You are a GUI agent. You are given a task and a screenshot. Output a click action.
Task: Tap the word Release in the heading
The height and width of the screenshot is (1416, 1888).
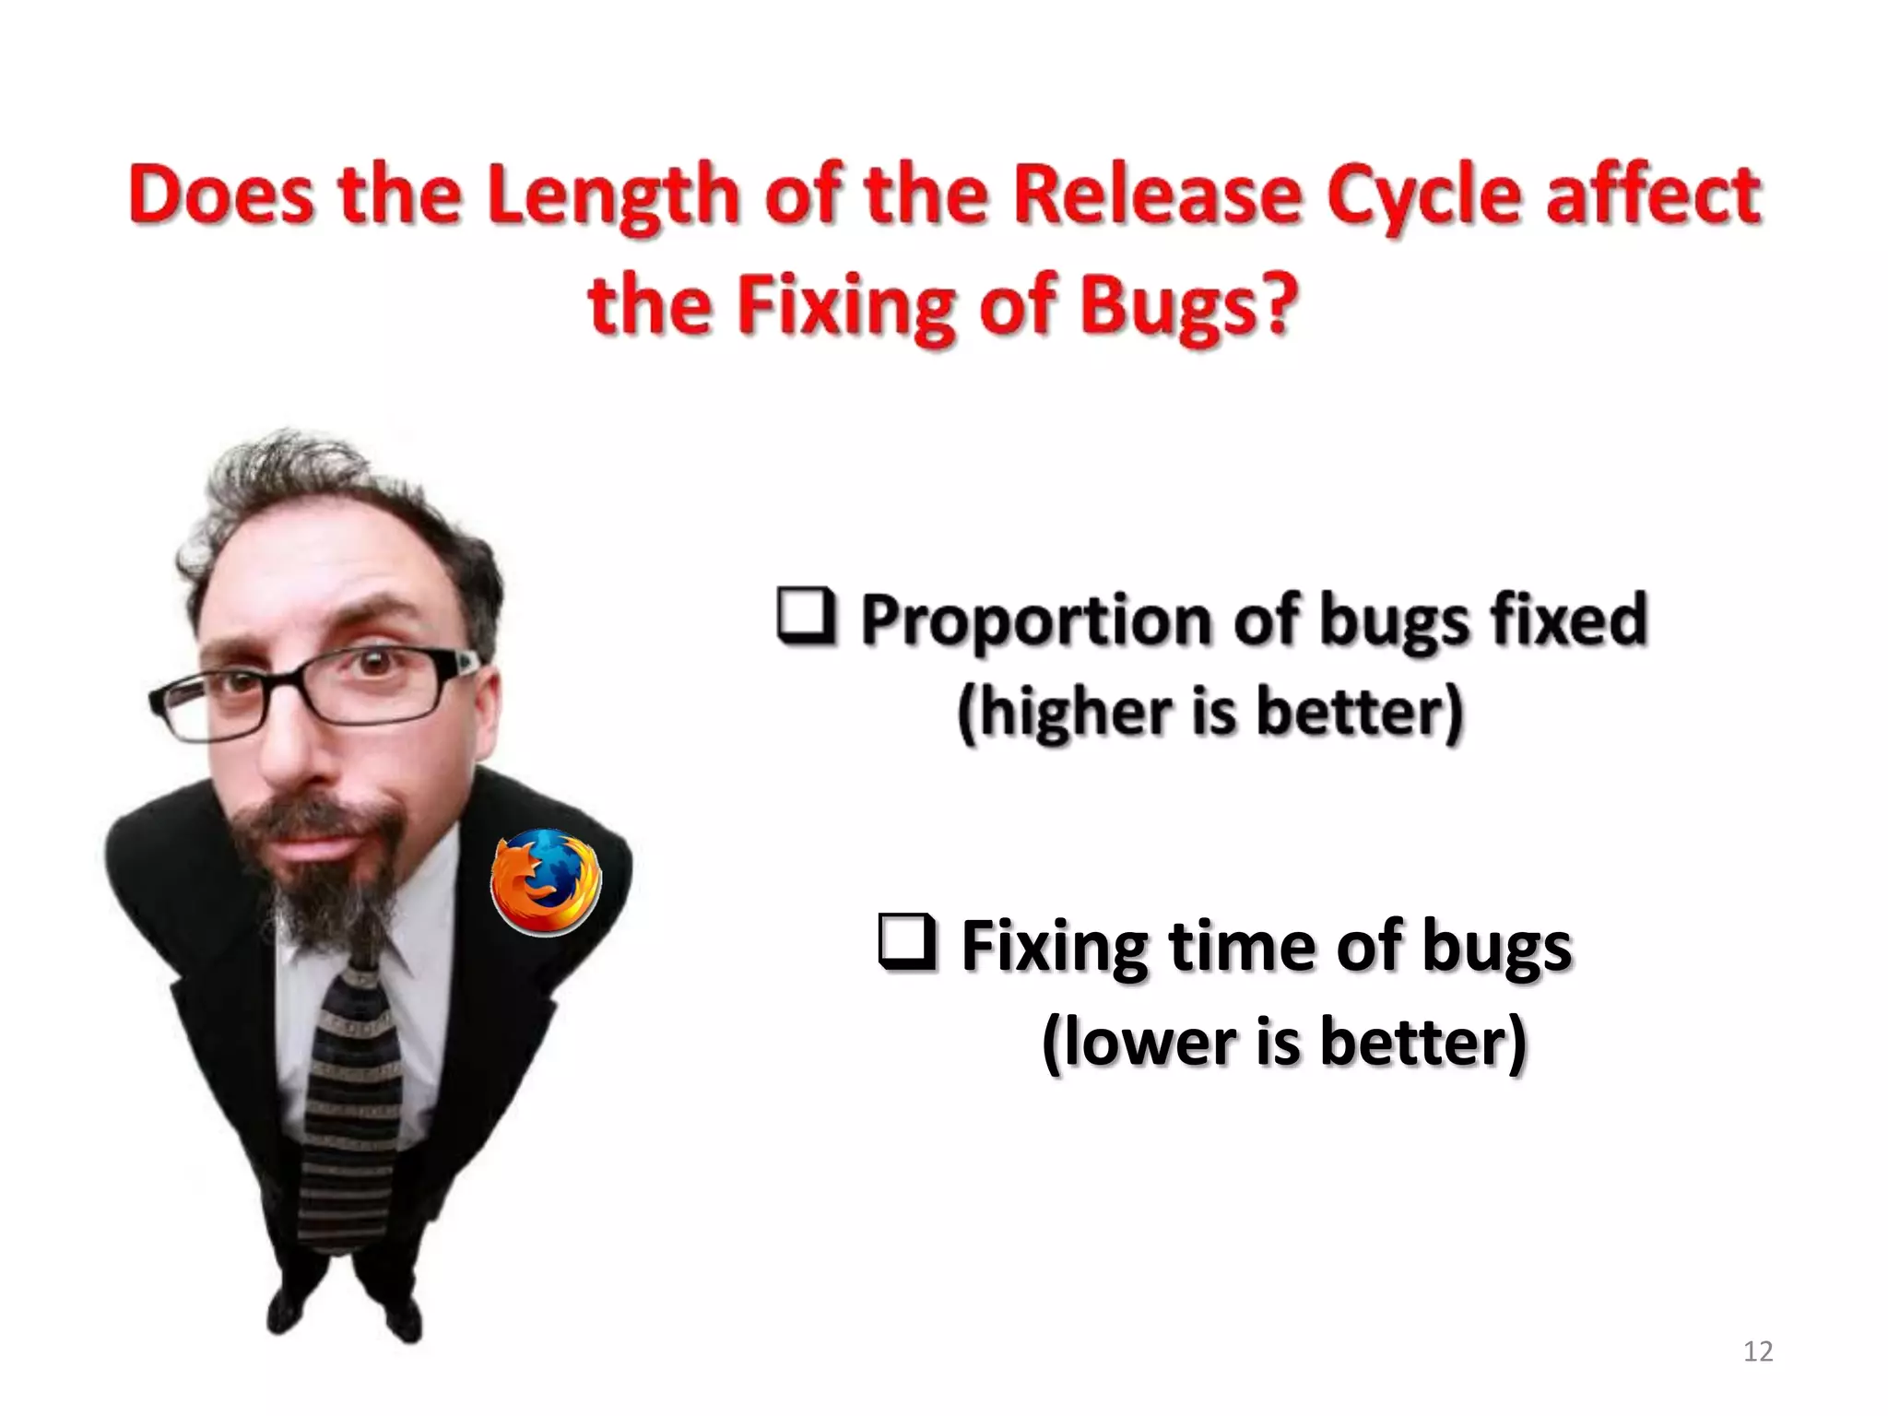tap(1159, 195)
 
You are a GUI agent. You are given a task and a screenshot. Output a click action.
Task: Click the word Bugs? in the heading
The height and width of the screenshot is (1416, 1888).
tap(1189, 306)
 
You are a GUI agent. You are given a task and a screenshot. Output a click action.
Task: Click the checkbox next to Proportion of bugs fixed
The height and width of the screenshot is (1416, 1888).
tap(806, 616)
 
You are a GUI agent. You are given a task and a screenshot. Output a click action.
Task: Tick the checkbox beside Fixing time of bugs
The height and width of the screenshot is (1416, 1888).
tap(907, 944)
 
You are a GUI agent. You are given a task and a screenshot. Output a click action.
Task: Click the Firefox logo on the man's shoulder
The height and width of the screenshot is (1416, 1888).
tap(546, 881)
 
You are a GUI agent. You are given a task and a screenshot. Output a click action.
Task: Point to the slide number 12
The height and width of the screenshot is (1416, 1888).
tap(1758, 1351)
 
